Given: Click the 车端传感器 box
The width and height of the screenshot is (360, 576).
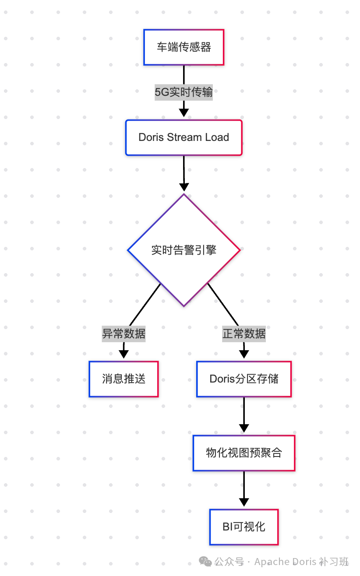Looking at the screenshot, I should tap(184, 47).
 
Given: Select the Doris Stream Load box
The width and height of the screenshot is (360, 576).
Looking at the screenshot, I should tap(184, 137).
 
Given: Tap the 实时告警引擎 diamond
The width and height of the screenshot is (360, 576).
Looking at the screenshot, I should tap(184, 250).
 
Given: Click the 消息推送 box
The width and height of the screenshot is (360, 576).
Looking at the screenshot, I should tap(124, 379).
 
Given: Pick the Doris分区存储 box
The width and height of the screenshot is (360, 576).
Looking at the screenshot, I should tap(244, 379).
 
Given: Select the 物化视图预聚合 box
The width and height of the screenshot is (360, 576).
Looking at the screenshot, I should tap(244, 453).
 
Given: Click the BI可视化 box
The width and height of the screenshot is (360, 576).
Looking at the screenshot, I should tap(244, 527).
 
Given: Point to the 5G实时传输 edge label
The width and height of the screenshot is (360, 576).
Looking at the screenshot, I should tap(184, 92).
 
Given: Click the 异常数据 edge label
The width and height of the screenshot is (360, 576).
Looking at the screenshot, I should tap(124, 334).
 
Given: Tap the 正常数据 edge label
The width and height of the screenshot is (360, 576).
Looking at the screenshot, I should tap(244, 334).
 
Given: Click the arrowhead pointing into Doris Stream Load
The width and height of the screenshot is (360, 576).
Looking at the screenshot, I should tap(184, 112).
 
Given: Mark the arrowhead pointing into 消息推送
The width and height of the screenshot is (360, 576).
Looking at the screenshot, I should tap(124, 354).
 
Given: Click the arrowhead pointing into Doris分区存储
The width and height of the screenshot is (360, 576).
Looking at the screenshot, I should tap(244, 354).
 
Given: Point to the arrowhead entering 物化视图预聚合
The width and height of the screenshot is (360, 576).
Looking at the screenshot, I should tap(244, 428).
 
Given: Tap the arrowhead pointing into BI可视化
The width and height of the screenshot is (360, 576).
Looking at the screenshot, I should tap(244, 502).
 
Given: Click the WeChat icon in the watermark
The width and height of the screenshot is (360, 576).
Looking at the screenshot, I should tap(205, 562).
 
